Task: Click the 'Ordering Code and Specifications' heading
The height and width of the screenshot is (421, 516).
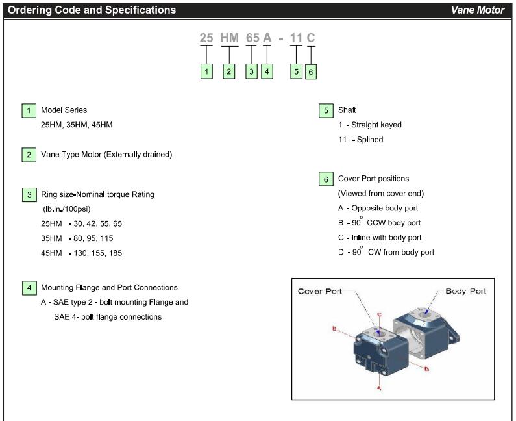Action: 92,10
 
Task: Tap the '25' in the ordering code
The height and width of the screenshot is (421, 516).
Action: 206,38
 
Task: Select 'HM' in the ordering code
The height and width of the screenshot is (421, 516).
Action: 229,38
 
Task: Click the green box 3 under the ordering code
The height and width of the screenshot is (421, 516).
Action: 252,71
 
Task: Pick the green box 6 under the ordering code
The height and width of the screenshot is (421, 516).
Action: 311,72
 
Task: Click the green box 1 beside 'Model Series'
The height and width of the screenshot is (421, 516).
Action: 29,110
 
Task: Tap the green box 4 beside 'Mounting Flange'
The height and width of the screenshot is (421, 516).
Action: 29,288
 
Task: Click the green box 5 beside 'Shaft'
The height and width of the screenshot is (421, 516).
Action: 326,110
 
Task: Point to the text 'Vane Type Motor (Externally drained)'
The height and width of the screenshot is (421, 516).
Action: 107,155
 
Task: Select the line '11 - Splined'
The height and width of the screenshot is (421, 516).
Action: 360,140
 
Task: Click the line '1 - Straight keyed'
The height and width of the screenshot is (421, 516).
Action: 369,125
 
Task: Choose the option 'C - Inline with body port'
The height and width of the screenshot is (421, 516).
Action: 380,238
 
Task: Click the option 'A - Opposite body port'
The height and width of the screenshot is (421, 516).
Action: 378,208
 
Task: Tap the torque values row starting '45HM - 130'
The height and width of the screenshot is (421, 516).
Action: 81,253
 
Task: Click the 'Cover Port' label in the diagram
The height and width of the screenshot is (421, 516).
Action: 320,291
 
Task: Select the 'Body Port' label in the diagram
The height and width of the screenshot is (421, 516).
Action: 465,291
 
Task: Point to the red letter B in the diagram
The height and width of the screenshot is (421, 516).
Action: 334,329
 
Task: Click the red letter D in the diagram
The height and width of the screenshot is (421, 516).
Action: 426,369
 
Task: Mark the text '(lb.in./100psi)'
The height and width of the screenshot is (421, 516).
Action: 68,209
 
